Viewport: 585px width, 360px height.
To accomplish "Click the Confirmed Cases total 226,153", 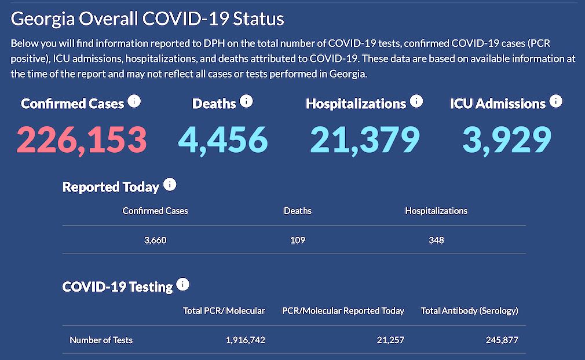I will (82, 139).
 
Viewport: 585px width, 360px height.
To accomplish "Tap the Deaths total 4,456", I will (223, 139).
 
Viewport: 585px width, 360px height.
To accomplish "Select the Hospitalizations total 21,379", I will (364, 139).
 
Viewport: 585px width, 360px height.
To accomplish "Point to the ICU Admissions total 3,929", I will (506, 139).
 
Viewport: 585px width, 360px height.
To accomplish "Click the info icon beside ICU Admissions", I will (555, 102).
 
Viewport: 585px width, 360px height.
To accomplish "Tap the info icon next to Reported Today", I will (170, 185).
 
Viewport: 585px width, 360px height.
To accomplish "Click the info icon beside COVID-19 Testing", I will (183, 285).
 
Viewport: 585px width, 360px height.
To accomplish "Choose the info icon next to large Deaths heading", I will (246, 102).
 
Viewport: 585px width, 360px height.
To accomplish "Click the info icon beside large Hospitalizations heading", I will (416, 102).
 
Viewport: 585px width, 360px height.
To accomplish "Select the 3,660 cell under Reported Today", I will (155, 240).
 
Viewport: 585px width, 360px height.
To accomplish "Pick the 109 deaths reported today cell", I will (298, 240).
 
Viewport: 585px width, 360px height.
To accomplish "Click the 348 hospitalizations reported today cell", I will (436, 240).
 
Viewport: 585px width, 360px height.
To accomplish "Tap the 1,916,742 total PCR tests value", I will (246, 340).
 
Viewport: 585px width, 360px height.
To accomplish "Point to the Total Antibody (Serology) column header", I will (469, 311).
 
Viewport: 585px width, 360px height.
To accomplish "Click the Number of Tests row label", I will (101, 340).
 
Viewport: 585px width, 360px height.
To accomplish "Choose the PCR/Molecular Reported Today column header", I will (343, 311).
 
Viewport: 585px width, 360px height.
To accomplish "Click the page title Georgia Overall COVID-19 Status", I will (148, 19).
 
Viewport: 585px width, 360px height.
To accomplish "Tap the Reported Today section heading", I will (111, 187).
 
